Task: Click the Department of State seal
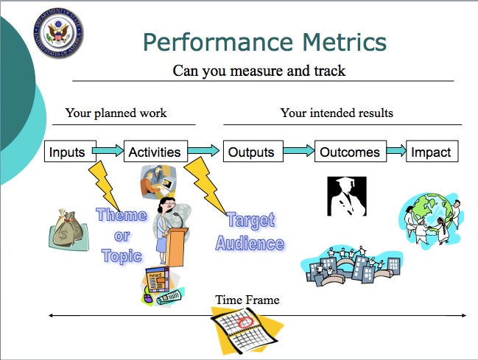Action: [x=58, y=33]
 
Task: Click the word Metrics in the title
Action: [x=345, y=42]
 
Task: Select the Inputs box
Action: [x=71, y=151]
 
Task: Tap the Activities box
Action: [x=155, y=151]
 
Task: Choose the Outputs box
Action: [x=253, y=151]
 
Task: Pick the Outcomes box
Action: [x=351, y=151]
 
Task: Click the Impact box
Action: [x=432, y=151]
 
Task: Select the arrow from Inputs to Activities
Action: [x=108, y=151]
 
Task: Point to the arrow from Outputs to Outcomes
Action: [x=299, y=151]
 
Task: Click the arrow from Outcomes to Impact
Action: [x=396, y=151]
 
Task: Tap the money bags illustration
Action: [x=68, y=229]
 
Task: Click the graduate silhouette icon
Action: [x=347, y=197]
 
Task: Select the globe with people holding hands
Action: [x=431, y=219]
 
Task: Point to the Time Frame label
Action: [x=247, y=300]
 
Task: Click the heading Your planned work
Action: [x=116, y=113]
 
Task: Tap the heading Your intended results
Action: [x=337, y=113]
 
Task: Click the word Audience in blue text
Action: [x=250, y=243]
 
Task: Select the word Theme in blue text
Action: [x=122, y=214]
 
